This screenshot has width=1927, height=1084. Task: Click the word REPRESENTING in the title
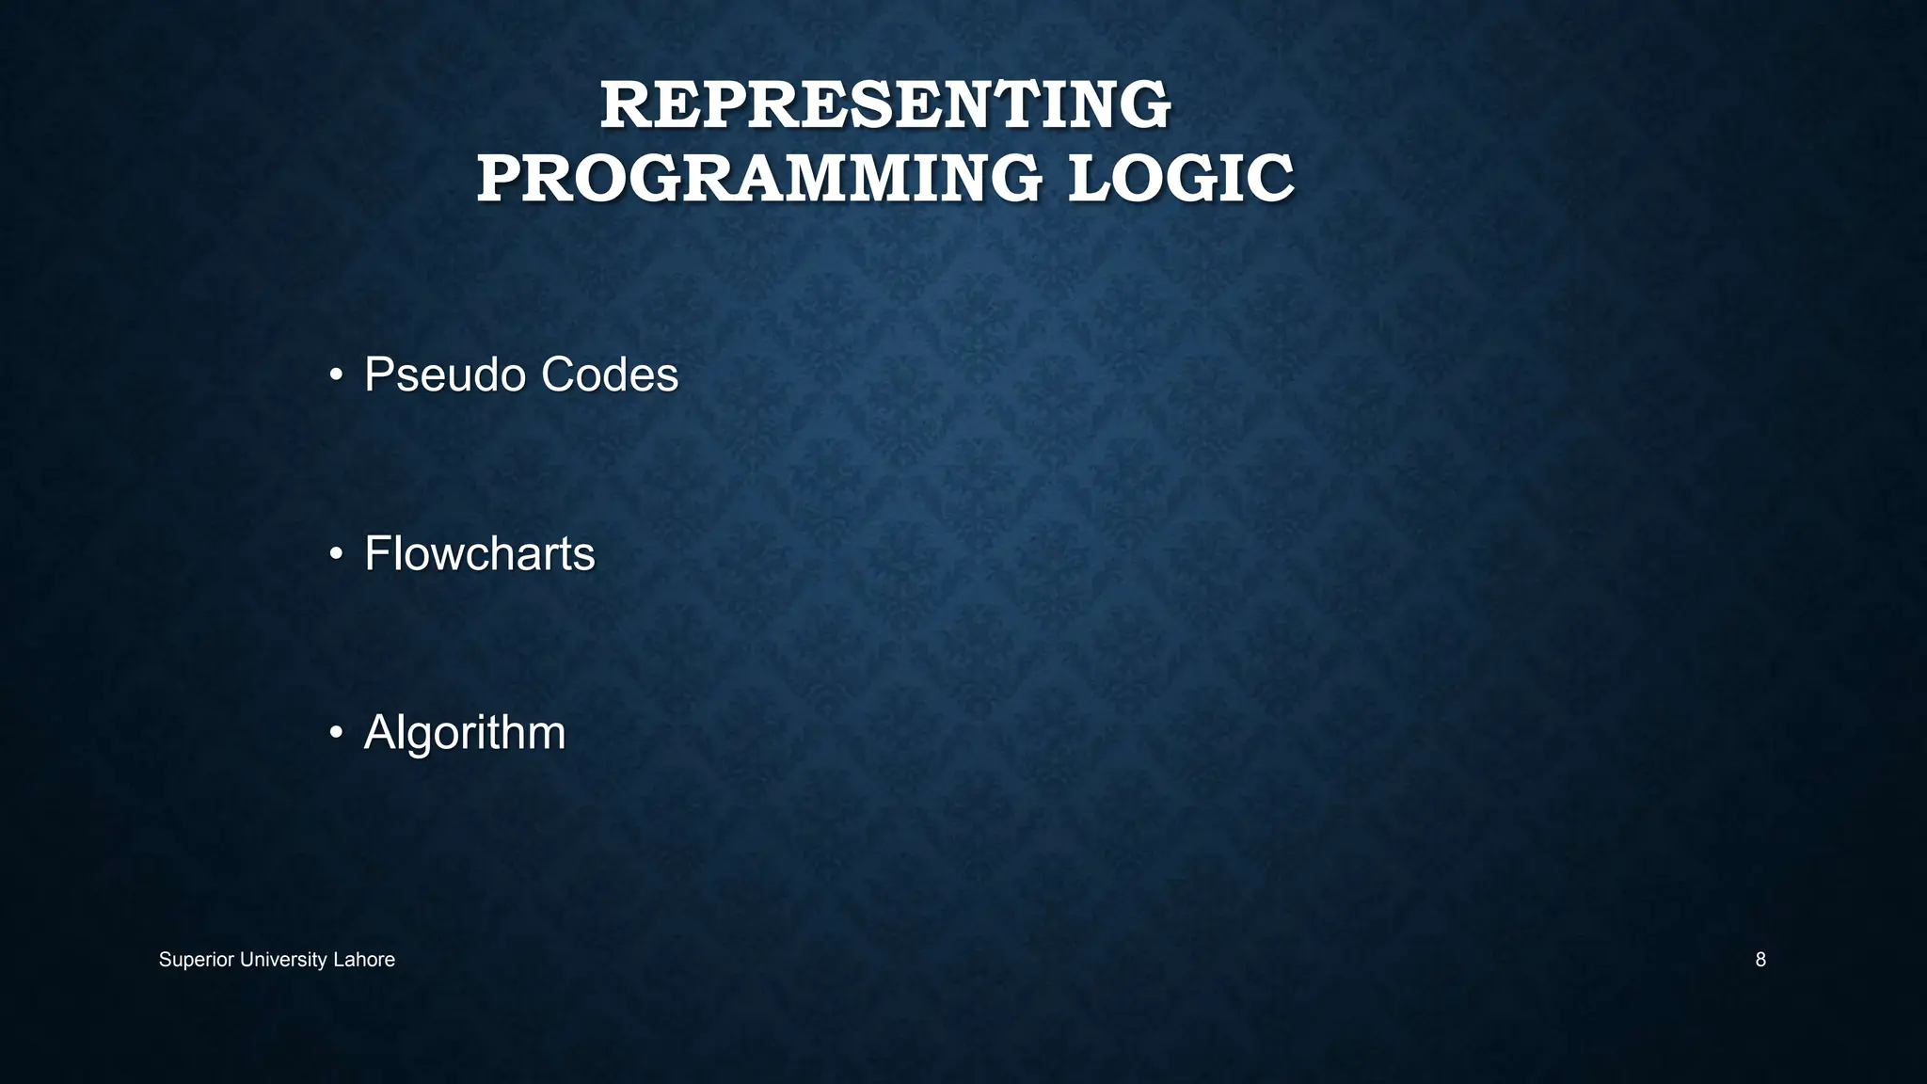885,105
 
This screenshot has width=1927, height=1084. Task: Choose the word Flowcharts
479,553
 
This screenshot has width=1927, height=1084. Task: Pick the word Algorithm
465,732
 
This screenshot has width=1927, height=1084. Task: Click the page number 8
1760,960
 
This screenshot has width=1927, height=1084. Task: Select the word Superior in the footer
197,960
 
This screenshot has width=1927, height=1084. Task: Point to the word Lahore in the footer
364,960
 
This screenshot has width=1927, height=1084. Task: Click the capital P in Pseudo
378,375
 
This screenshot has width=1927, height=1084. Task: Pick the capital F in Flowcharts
376,553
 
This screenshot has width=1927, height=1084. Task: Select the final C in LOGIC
1271,179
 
